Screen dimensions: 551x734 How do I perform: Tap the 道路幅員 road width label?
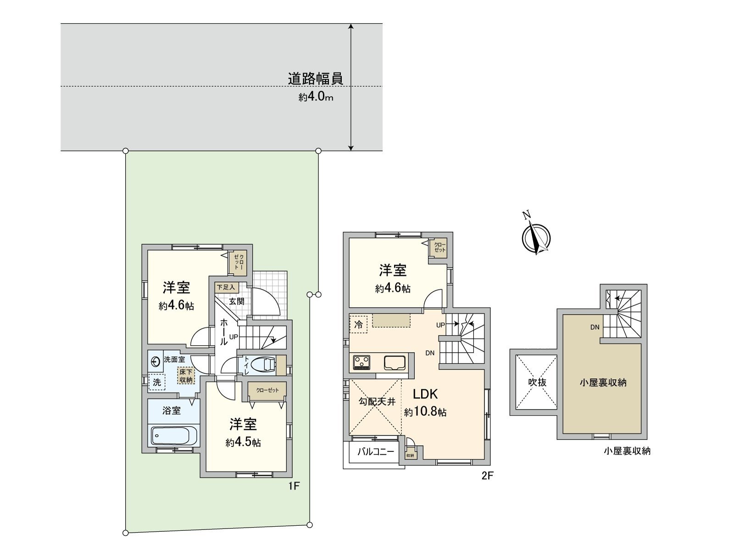pos(315,79)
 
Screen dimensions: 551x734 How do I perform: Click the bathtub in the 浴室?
pos(174,434)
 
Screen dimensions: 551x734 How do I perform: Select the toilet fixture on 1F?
pos(264,365)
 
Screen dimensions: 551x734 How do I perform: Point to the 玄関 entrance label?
pos(237,301)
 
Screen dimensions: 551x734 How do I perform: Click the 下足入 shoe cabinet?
pos(226,287)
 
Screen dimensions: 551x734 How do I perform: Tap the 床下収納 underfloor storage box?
pos(186,376)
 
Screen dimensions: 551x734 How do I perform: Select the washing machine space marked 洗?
pos(157,382)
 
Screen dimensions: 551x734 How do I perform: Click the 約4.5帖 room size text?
pos(243,443)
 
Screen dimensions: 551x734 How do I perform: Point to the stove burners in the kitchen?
pos(362,363)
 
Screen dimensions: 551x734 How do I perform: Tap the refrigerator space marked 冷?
pos(358,324)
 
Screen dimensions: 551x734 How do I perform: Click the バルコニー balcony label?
pos(376,452)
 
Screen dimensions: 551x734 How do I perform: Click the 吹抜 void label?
pos(536,382)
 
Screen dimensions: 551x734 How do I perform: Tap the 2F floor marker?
pos(487,476)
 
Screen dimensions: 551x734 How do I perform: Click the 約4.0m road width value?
pos(316,97)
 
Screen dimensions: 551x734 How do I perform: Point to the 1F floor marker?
pos(294,485)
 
